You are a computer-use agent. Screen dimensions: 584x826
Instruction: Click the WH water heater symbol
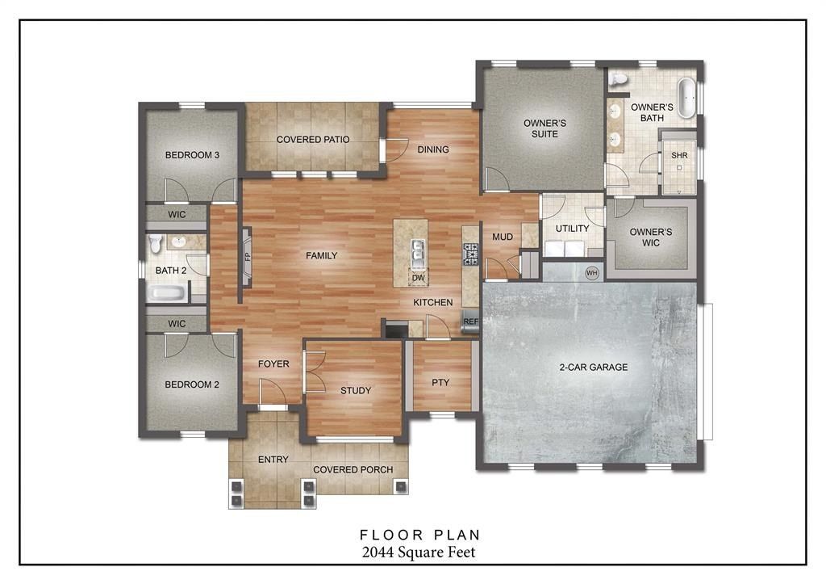pyautogui.click(x=591, y=272)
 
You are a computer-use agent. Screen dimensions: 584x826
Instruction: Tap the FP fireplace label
pyautogui.click(x=248, y=257)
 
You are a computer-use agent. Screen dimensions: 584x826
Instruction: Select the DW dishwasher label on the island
pyautogui.click(x=418, y=278)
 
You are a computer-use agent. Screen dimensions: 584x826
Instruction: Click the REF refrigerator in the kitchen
pyautogui.click(x=470, y=321)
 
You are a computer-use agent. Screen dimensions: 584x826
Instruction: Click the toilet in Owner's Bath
pyautogui.click(x=619, y=79)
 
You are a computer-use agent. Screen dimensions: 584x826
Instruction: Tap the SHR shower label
pyautogui.click(x=679, y=156)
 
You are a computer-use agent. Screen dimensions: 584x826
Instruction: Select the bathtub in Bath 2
pyautogui.click(x=168, y=293)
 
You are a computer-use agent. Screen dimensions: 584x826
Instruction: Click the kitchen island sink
pyautogui.click(x=418, y=252)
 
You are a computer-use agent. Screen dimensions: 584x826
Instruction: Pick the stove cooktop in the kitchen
pyautogui.click(x=470, y=254)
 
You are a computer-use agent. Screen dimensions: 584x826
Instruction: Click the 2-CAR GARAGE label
pyautogui.click(x=593, y=367)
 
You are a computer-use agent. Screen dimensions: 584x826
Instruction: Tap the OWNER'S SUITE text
pyautogui.click(x=544, y=128)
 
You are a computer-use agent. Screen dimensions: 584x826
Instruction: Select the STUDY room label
pyautogui.click(x=355, y=391)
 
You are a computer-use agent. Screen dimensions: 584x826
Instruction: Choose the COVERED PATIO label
pyautogui.click(x=313, y=140)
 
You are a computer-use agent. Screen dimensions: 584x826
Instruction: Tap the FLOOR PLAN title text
pyautogui.click(x=419, y=534)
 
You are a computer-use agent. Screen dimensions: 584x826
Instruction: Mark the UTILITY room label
pyautogui.click(x=572, y=229)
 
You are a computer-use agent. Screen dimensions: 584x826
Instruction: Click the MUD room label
pyautogui.click(x=503, y=237)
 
